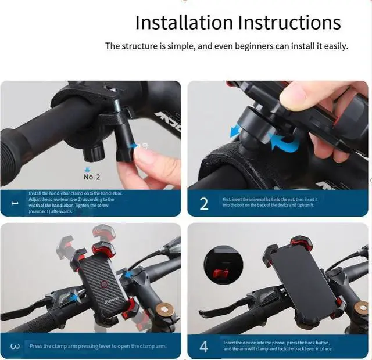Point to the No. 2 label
[x=92, y=177]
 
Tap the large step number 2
[x=204, y=204]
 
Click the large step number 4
[x=204, y=347]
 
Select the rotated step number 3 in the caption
[x=16, y=347]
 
